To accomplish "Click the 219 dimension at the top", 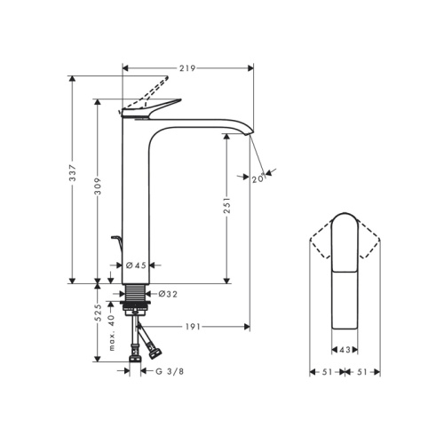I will tap(186, 67).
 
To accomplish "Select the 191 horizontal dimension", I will tap(193, 327).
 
